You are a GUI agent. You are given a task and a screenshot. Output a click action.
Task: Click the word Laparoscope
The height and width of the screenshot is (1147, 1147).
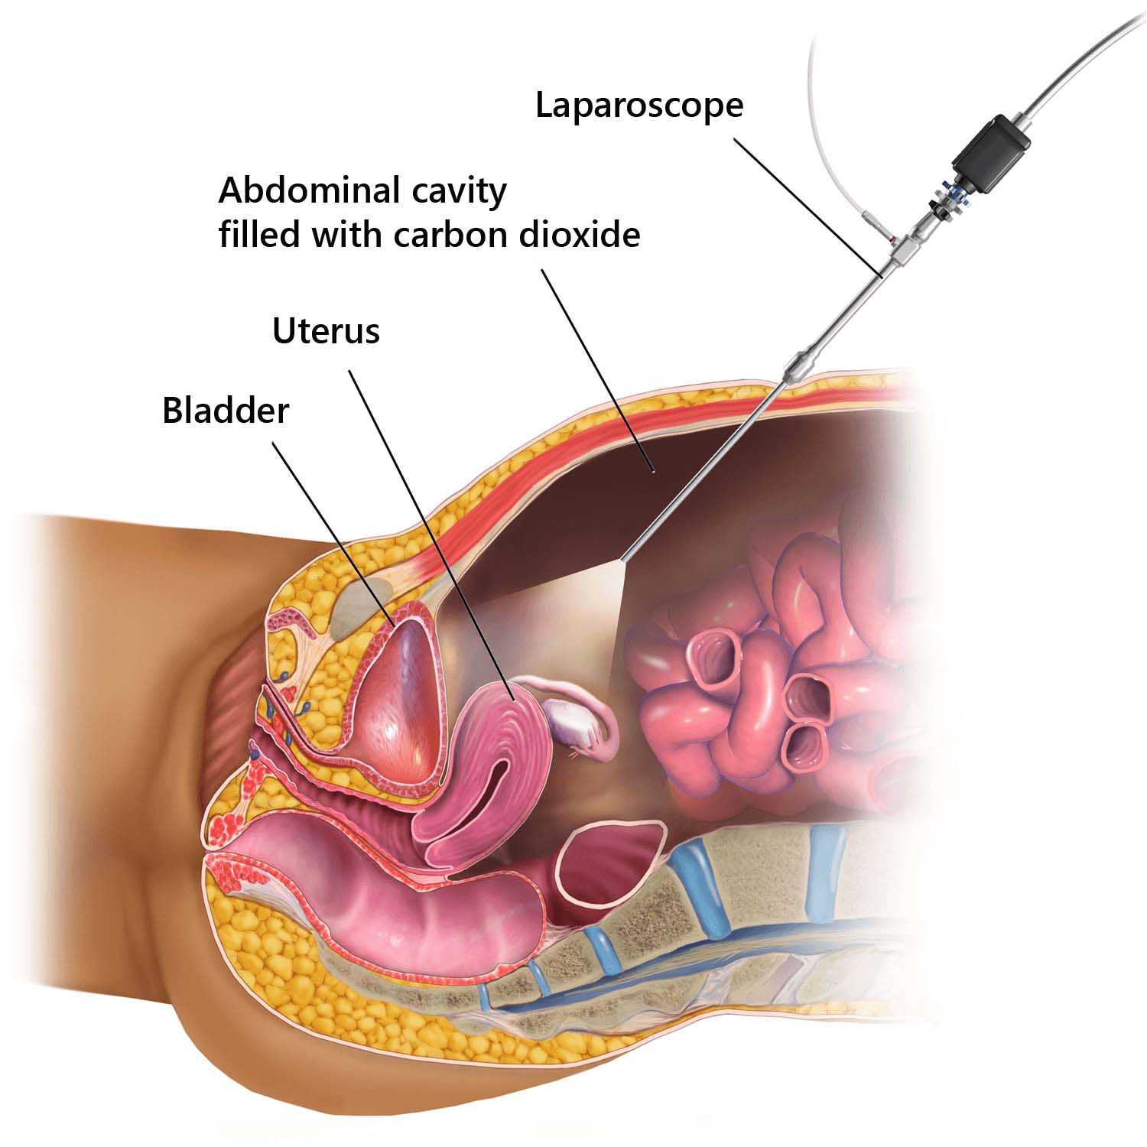[x=639, y=106]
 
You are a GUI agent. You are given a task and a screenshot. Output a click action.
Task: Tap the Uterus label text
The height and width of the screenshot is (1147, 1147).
[x=327, y=332]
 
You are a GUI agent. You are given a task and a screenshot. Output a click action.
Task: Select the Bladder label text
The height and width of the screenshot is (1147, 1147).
[x=226, y=411]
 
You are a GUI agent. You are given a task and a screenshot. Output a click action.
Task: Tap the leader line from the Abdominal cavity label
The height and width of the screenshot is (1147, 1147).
[x=597, y=369]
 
